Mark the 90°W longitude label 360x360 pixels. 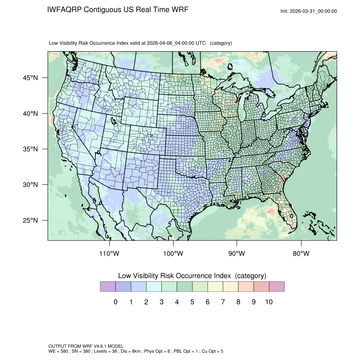tap(237, 254)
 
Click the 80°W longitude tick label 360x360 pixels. tap(301, 254)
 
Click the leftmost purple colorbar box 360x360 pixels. tap(108, 286)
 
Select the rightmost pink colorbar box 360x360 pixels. tap(277, 286)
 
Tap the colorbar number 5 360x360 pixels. tap(192, 302)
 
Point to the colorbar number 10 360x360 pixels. tap(269, 302)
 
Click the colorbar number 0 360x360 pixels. tap(115, 302)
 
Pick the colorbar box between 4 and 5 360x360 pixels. tap(184, 286)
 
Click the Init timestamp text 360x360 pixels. tap(309, 11)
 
